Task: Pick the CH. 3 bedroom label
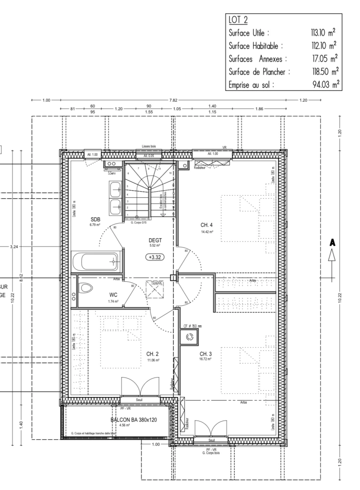point(206,353)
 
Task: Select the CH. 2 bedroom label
point(153,353)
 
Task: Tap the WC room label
point(113,294)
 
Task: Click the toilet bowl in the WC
point(85,287)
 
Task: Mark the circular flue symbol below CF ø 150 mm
point(189,337)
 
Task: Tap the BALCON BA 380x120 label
point(133,420)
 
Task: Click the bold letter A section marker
point(332,243)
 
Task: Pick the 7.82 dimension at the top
point(173,100)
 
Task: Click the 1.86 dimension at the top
point(259,109)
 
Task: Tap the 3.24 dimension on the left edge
point(13,247)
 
